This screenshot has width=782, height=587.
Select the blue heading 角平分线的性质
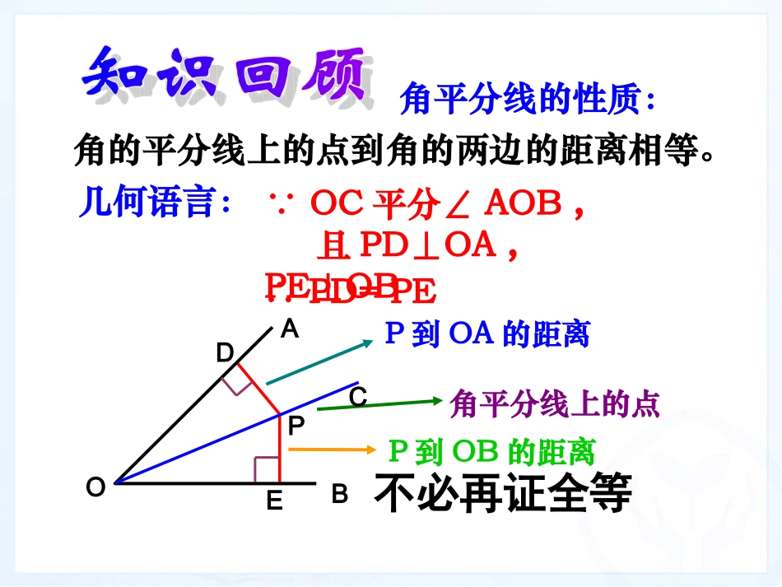528,100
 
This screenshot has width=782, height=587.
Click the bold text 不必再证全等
503,494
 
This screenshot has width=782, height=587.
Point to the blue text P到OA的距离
487,334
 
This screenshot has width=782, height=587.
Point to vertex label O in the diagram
95,488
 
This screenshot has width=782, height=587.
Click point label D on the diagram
224,354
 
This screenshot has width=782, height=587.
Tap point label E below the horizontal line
274,501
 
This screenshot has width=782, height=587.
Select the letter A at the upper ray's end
289,330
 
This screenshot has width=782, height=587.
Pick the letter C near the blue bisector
357,398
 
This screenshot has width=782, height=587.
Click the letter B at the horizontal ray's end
340,495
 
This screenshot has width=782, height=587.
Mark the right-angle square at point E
267,469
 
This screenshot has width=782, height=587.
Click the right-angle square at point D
239,380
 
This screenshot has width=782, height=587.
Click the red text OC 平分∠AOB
436,204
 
